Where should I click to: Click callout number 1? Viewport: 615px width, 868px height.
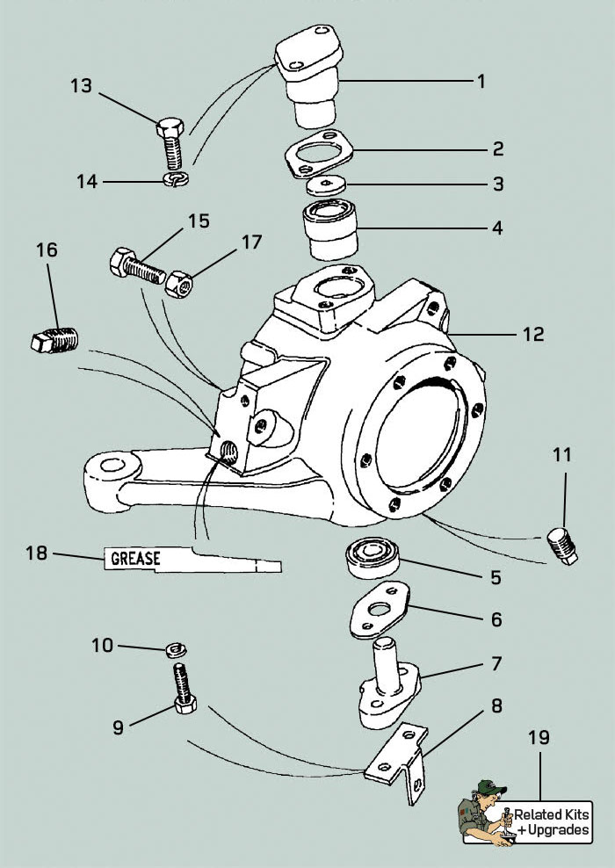(481, 81)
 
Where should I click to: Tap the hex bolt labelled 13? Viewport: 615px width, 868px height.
(171, 144)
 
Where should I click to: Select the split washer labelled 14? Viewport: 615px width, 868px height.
(177, 180)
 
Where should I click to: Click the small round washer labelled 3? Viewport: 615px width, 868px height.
(326, 186)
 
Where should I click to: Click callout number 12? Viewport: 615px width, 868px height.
(532, 334)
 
